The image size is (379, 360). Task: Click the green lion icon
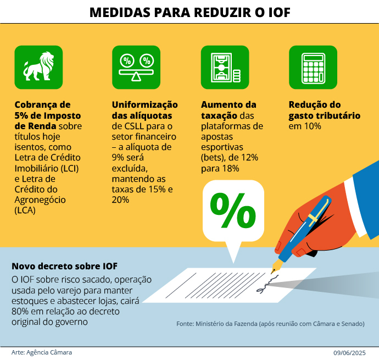39,67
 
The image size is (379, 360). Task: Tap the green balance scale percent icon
136,67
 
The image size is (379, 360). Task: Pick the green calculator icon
313,67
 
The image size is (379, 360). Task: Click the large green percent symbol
233,211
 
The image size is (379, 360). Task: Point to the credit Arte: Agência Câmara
42,352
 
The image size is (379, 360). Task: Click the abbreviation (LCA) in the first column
26,209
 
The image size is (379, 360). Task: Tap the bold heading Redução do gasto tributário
324,110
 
